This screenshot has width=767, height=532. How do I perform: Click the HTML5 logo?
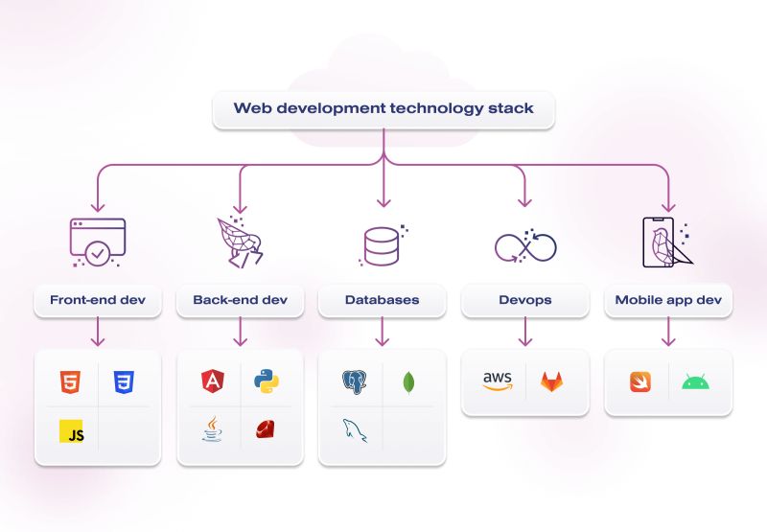click(70, 382)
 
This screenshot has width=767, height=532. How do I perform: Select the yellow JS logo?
click(72, 432)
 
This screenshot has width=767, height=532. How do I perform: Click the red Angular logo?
click(212, 382)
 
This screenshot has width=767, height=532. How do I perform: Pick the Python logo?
click(267, 382)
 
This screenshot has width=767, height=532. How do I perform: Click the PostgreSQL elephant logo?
click(355, 382)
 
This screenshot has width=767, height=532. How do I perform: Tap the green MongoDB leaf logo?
click(409, 382)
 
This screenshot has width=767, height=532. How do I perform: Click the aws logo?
click(498, 382)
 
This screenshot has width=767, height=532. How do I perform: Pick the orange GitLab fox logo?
click(552, 382)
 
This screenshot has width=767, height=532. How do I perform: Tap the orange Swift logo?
click(640, 382)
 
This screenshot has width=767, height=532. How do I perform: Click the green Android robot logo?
click(695, 382)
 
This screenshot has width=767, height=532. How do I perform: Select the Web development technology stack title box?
click(383, 108)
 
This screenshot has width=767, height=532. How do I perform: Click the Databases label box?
click(382, 300)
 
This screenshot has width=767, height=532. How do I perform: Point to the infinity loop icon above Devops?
click(524, 247)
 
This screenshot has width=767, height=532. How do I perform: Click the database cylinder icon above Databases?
click(382, 246)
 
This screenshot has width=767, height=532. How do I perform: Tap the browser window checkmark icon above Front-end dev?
click(97, 242)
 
